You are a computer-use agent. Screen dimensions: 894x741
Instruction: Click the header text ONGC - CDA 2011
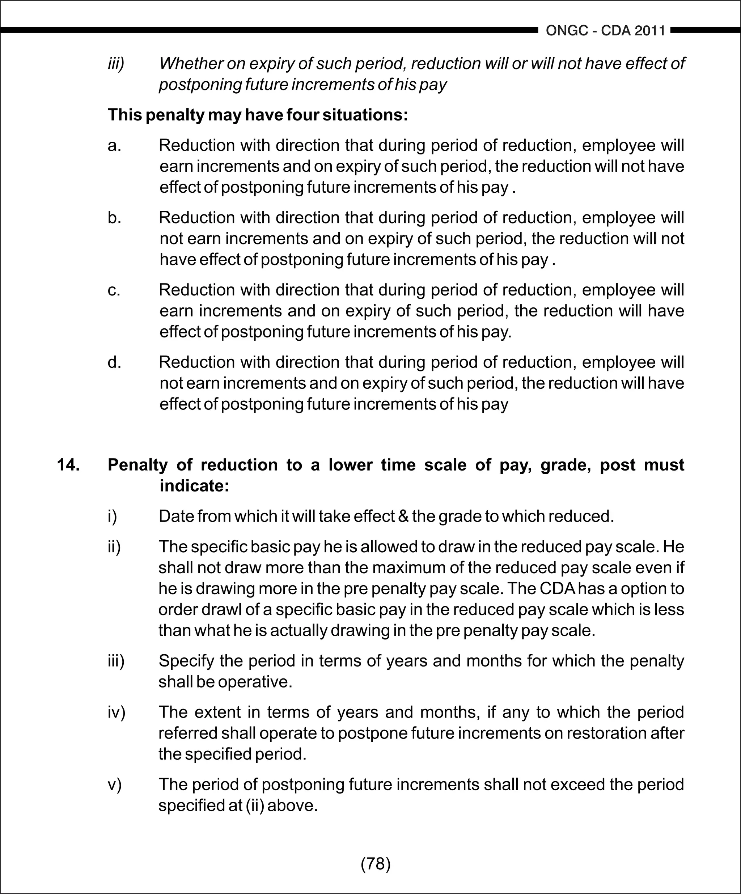point(605,31)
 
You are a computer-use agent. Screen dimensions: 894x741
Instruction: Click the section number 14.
point(68,464)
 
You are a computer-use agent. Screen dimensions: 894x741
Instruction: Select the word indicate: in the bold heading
point(194,486)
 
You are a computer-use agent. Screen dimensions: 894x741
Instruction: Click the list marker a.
point(114,146)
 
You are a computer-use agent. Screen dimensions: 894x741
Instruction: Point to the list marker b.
point(114,218)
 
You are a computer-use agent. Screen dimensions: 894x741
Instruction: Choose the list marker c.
point(114,290)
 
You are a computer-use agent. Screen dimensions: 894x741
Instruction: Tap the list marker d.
point(114,363)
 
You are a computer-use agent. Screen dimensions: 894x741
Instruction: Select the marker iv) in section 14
point(116,712)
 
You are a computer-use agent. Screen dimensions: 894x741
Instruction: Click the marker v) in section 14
point(114,784)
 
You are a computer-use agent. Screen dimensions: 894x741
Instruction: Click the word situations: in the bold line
point(365,115)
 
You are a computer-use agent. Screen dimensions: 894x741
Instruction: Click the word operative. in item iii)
point(255,682)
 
